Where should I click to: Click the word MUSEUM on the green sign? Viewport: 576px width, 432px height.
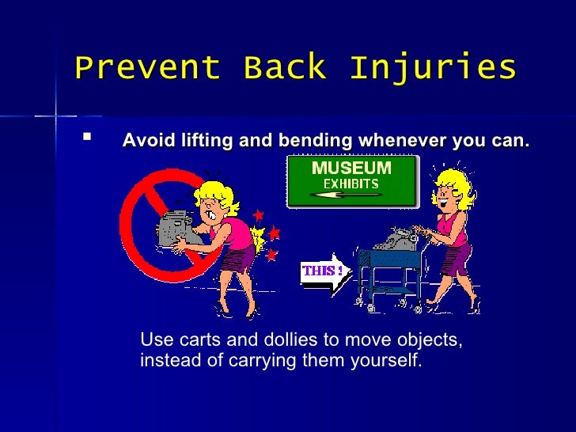coord(351,168)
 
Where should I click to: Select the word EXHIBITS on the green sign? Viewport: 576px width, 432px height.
coord(351,184)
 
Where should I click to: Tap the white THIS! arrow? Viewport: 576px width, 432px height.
coord(324,271)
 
